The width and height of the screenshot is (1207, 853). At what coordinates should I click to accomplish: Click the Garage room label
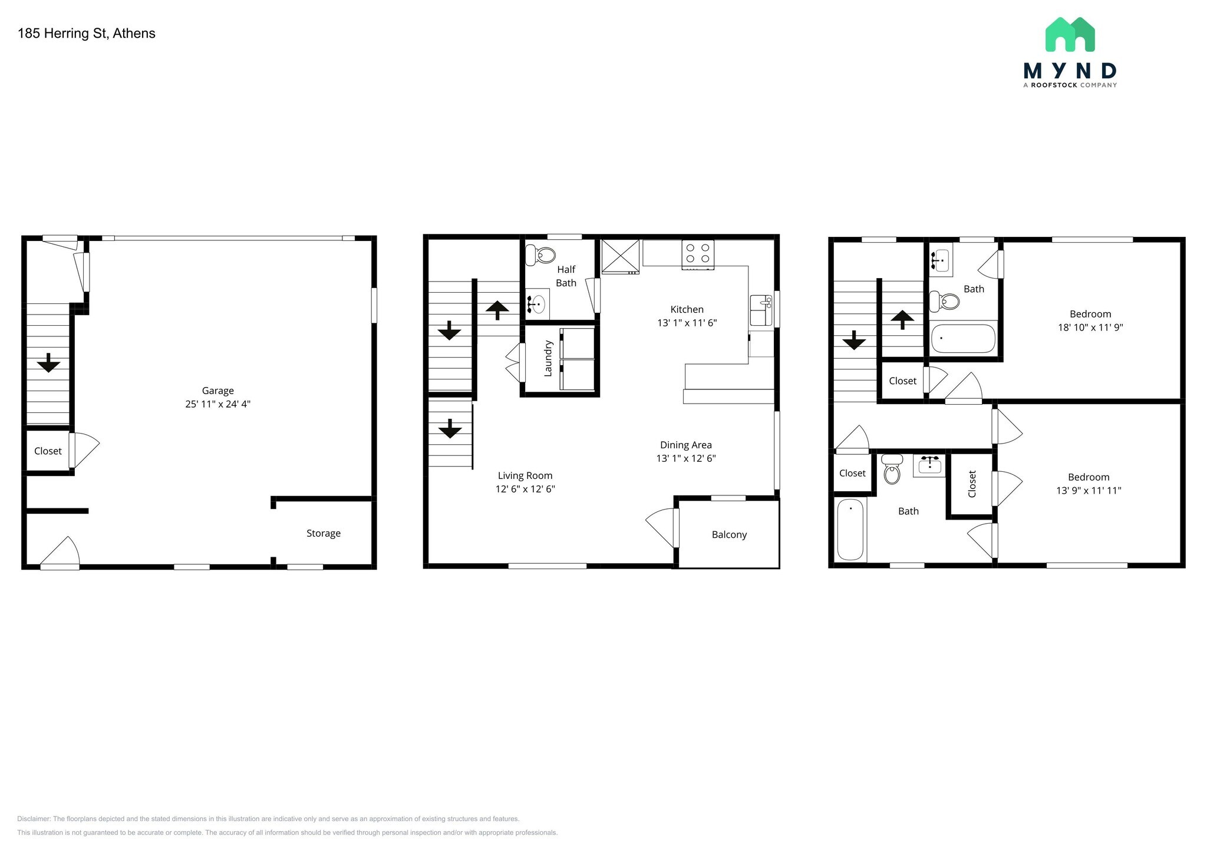[x=218, y=391]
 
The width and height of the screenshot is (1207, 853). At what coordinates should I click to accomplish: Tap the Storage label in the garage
[x=324, y=533]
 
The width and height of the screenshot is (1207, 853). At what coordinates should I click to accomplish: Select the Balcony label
[x=729, y=535]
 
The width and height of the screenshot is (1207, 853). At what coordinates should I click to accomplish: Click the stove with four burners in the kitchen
[x=698, y=254]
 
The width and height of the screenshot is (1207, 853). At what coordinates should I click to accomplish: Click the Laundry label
[x=548, y=358]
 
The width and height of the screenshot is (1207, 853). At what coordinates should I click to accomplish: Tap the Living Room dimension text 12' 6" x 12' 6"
[x=525, y=489]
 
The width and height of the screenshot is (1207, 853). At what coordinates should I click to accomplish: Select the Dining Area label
[x=686, y=445]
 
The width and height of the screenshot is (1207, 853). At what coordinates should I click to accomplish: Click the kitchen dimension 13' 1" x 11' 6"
[x=687, y=323]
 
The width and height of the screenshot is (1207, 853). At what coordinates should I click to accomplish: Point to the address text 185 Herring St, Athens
[x=87, y=34]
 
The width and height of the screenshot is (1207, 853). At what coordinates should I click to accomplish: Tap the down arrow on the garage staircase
[x=48, y=363]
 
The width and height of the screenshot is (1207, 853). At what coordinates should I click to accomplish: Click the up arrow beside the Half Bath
[x=497, y=310]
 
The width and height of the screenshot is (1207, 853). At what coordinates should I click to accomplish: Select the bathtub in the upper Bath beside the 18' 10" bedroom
[x=963, y=339]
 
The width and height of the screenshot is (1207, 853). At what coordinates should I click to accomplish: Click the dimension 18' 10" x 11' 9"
[x=1090, y=328]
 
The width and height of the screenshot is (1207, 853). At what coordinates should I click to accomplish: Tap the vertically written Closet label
[x=972, y=484]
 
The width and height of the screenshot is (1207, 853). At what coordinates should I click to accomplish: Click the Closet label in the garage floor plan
[x=48, y=451]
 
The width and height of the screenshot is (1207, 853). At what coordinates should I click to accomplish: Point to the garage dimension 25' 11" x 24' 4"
[x=218, y=404]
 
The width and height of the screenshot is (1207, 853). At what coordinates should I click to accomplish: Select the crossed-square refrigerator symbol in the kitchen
[x=620, y=256]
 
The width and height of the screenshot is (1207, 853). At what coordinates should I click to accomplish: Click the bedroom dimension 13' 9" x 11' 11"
[x=1089, y=490]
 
